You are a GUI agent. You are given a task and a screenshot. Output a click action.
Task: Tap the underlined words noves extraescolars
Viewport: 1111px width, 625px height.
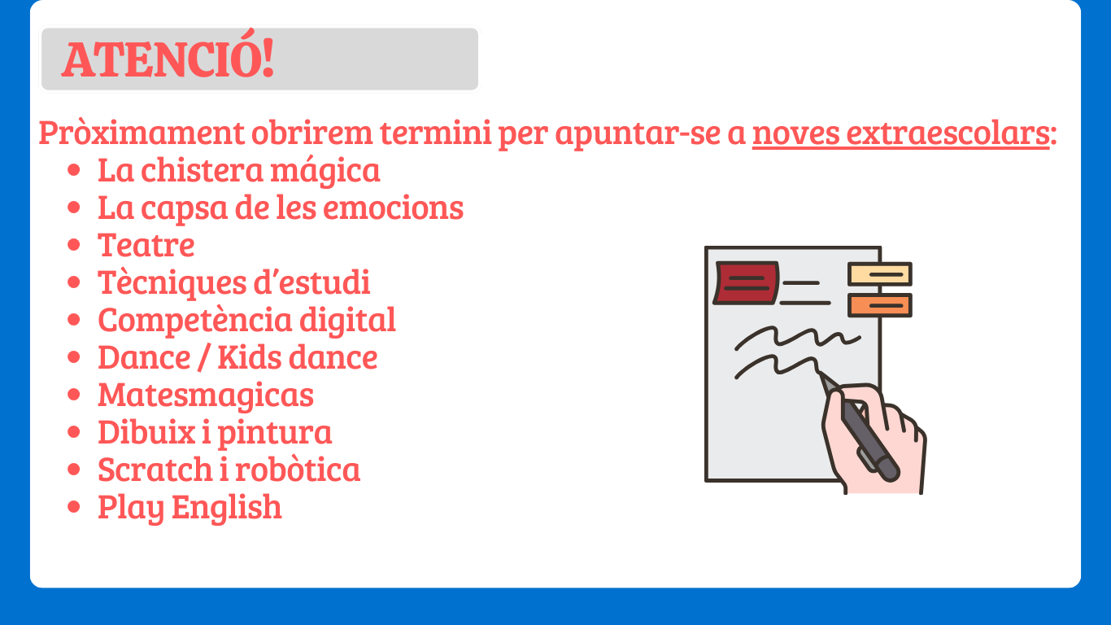(900, 133)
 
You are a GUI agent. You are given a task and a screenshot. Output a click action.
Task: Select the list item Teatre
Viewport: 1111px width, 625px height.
(146, 245)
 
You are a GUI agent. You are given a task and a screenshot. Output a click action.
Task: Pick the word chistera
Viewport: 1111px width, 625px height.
(202, 170)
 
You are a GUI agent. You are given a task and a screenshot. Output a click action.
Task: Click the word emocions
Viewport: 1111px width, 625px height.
(394, 208)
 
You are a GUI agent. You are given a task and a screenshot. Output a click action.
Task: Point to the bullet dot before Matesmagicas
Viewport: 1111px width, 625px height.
(74, 395)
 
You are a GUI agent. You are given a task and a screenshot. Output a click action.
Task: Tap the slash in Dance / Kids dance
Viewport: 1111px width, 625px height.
(203, 358)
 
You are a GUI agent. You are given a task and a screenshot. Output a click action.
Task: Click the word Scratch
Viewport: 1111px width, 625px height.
(155, 470)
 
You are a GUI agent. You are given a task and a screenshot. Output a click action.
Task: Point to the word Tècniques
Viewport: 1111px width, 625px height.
(172, 283)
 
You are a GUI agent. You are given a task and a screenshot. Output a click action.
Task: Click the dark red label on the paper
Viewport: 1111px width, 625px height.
(746, 282)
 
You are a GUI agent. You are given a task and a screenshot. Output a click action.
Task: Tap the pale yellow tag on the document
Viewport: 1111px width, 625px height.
(880, 274)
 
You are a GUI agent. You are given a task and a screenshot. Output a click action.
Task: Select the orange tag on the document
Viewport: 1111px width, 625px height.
(880, 305)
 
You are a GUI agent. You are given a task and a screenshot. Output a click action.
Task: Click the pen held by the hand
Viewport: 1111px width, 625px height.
(860, 428)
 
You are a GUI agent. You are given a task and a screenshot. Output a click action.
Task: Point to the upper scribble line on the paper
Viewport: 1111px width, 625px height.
(797, 338)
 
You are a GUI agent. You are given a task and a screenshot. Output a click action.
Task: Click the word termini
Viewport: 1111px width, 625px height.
(435, 133)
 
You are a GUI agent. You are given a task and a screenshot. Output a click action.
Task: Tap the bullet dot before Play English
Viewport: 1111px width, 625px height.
(74, 507)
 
